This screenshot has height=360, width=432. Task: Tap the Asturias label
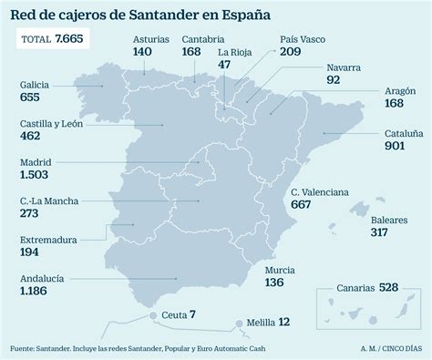pos(150,39)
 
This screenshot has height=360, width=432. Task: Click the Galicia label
pos(35,84)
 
